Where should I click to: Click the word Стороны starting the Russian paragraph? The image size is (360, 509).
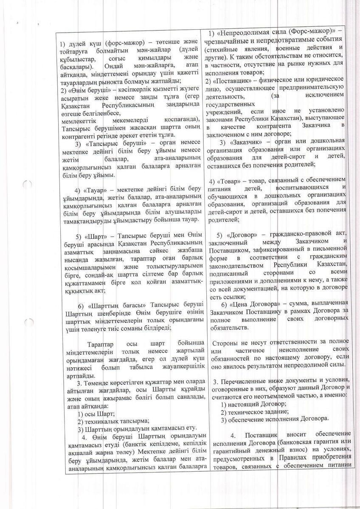225,342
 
